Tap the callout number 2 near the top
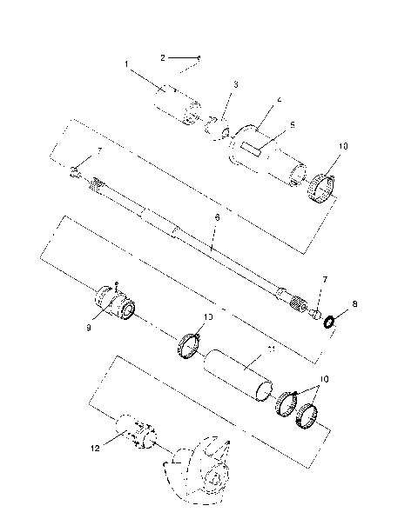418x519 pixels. pyautogui.click(x=163, y=57)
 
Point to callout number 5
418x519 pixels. pyautogui.click(x=292, y=124)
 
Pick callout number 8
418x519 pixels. pyautogui.click(x=354, y=305)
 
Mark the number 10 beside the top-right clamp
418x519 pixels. pyautogui.click(x=342, y=147)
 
